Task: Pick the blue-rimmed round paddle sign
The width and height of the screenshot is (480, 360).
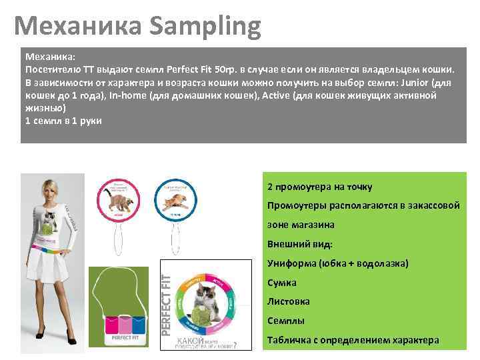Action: click(x=177, y=198)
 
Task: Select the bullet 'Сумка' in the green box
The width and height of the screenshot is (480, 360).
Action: click(x=281, y=283)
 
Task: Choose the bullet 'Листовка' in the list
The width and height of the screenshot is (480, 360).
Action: click(x=288, y=301)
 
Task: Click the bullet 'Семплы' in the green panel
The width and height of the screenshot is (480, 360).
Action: click(x=285, y=321)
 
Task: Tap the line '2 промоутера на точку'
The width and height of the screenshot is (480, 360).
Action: click(x=319, y=187)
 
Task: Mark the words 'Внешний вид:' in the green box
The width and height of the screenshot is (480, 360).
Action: click(x=299, y=244)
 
